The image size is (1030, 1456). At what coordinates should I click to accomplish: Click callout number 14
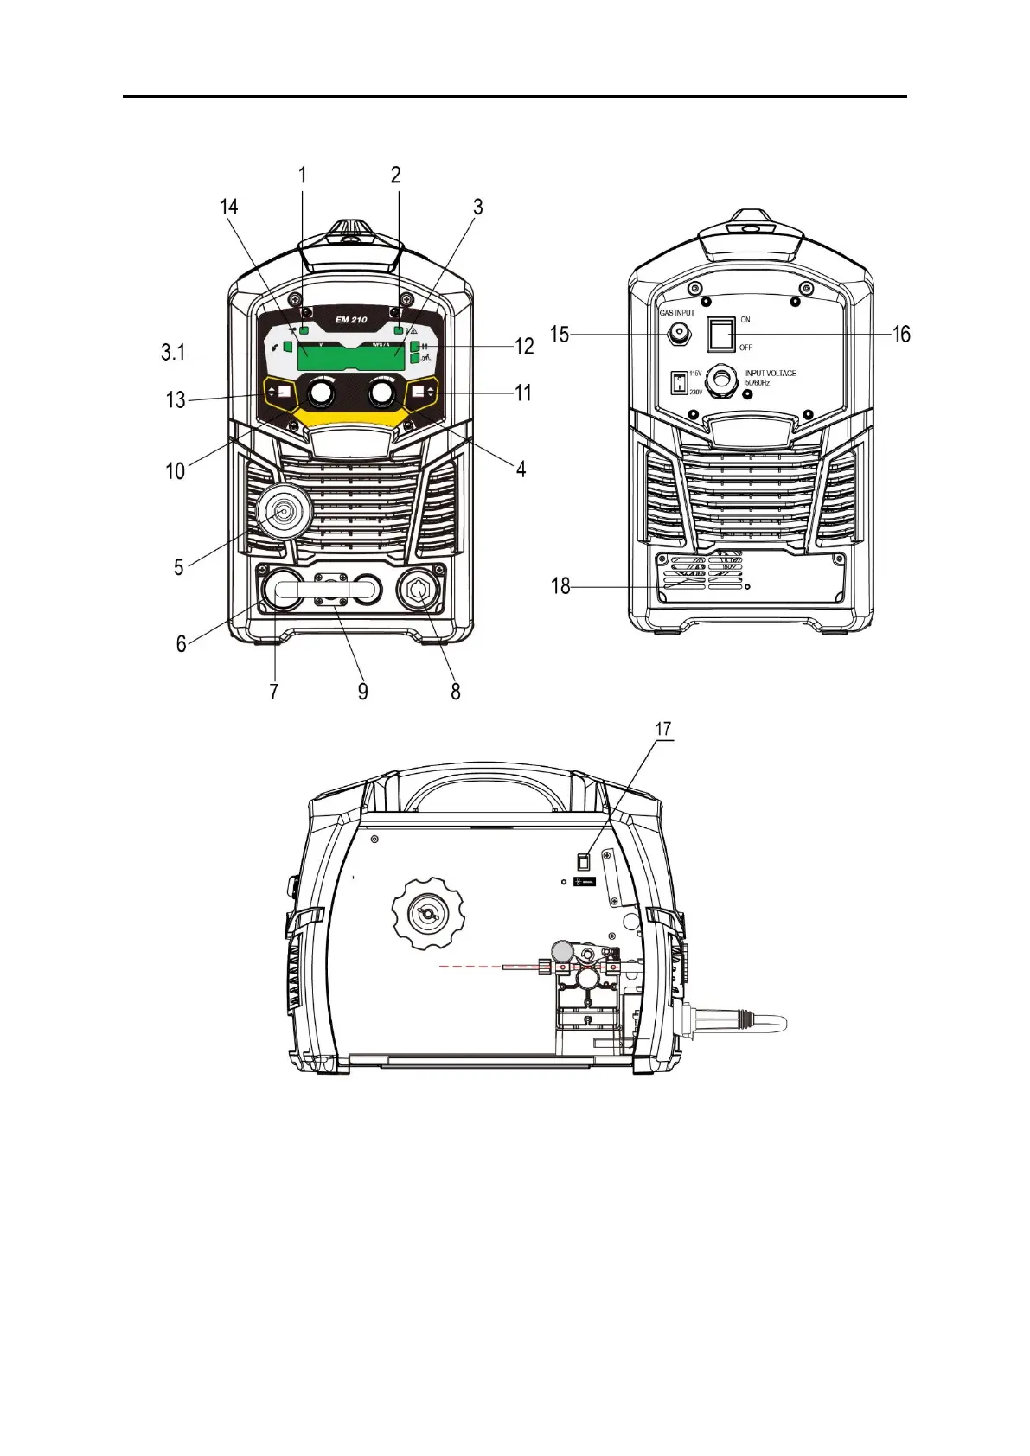(x=228, y=208)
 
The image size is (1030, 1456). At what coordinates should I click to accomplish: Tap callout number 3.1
(x=173, y=353)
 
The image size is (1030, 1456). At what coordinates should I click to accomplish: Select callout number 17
(x=663, y=730)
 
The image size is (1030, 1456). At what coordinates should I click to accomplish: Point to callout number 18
(x=560, y=586)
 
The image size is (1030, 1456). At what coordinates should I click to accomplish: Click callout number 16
(x=901, y=335)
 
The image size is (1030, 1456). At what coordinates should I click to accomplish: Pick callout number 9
(x=363, y=691)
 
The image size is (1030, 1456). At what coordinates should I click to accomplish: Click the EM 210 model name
(x=351, y=320)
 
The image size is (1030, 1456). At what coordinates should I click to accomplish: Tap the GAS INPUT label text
(x=677, y=313)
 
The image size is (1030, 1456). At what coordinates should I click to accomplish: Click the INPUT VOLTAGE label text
(x=771, y=374)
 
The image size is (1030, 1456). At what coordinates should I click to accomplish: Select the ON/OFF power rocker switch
(x=721, y=334)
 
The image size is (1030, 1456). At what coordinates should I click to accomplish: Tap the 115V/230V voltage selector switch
(x=679, y=381)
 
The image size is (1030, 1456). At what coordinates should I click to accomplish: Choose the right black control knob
(x=381, y=394)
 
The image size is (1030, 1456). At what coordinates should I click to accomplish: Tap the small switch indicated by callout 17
(x=583, y=861)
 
